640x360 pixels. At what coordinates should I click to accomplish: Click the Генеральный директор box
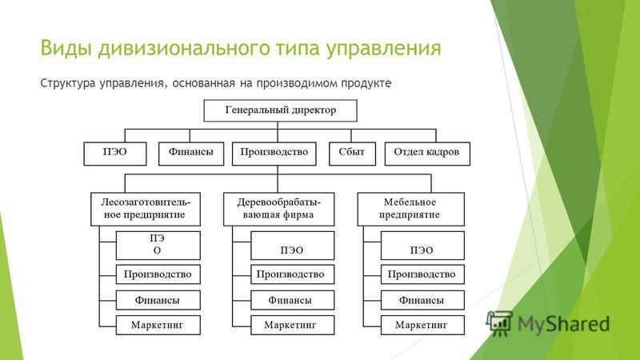pos(280,110)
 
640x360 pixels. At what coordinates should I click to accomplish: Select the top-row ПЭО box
pos(115,154)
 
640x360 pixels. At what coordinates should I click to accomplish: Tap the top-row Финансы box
pos(191,154)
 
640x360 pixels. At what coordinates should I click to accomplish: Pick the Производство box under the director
pos(274,154)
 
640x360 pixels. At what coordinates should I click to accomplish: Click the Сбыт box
pos(352,154)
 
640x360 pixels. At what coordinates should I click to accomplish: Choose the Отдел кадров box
pos(427,154)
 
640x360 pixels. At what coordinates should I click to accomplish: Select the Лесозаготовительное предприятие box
pos(146,210)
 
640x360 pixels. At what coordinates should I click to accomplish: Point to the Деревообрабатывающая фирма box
pos(278,210)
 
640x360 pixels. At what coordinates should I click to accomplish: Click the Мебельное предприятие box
pos(410,210)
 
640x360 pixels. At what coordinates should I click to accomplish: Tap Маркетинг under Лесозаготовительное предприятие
pos(158,326)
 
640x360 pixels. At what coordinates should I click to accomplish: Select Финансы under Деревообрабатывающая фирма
pos(292,301)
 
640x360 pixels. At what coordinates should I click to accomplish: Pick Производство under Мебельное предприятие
pos(422,274)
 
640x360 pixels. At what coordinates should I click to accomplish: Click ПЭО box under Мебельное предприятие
pos(422,246)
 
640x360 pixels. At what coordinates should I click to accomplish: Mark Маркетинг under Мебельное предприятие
pos(422,326)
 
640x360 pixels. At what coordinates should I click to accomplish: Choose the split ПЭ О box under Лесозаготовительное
pos(158,246)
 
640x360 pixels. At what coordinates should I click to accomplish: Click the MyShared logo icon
pos(498,323)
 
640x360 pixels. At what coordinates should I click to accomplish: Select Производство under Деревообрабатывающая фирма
pos(292,274)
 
